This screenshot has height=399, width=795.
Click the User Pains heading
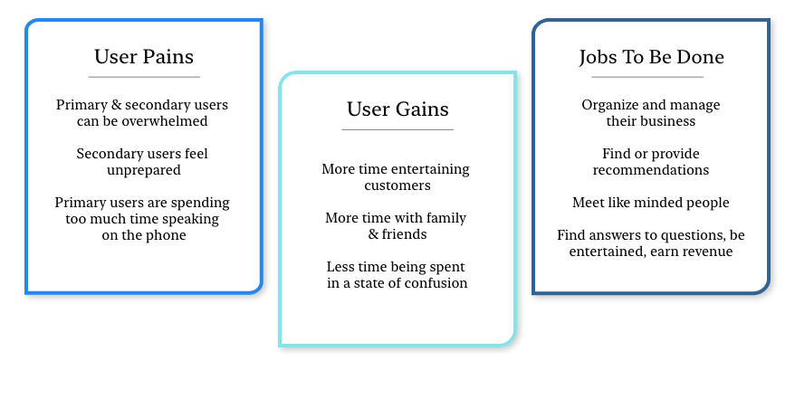143,57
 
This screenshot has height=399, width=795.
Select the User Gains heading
397,109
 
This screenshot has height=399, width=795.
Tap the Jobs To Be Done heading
651,57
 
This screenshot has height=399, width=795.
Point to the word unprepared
142,170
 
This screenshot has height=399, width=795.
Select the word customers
397,185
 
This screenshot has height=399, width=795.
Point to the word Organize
611,105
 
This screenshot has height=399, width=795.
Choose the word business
666,121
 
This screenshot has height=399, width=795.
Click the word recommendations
651,170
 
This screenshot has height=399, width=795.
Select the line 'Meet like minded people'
651,203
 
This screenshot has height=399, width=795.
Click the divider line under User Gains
397,129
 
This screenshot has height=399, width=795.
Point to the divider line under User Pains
143,77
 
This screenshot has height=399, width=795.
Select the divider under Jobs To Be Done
651,77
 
